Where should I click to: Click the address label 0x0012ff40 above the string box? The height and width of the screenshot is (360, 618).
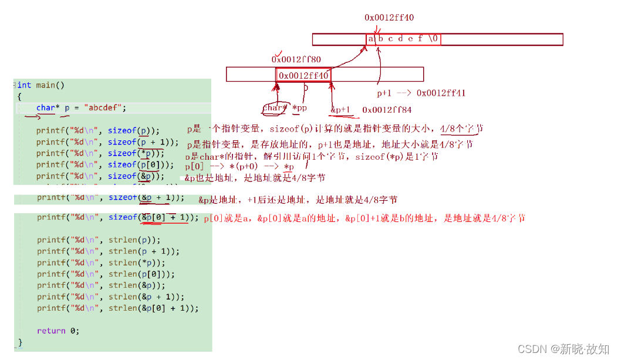pos(389,18)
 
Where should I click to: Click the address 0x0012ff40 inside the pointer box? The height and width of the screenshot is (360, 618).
pos(303,76)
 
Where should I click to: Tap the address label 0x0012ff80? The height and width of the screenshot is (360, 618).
pos(296,59)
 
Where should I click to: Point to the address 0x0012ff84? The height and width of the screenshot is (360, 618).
pos(387,110)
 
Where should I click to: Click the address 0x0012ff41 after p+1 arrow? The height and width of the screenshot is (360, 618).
pos(441,93)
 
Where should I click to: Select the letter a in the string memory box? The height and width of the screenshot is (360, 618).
pos(371,39)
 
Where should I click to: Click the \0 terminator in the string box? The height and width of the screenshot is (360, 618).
pos(434,39)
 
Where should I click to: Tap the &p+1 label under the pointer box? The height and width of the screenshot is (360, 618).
pos(340,110)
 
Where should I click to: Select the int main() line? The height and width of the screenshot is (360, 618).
pos(40,85)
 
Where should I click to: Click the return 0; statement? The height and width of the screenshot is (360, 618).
pos(58,331)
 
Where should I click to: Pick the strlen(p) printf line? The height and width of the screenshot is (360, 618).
pos(98,240)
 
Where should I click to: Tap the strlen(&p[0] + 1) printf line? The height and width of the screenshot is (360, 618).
pos(117,308)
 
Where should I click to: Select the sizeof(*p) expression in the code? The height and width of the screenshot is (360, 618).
pos(136,153)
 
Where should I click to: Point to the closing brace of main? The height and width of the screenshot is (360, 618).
pos(20,342)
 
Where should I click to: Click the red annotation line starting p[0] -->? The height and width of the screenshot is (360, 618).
pos(239,167)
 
